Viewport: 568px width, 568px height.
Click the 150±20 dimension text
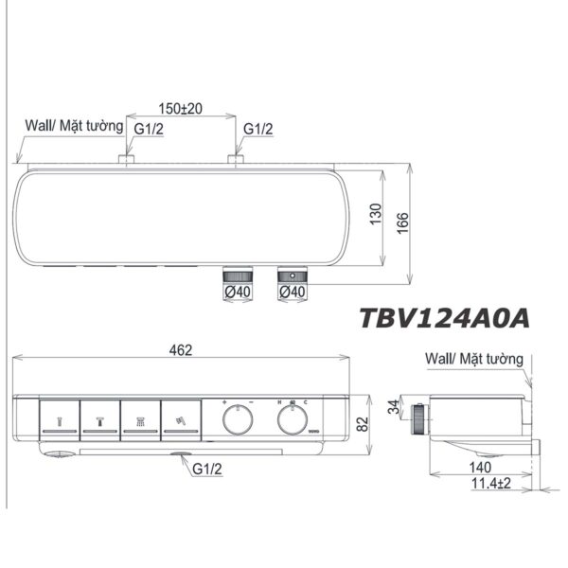click(x=179, y=108)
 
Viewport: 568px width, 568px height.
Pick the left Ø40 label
click(x=236, y=293)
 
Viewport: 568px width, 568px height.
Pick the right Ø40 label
click(x=291, y=293)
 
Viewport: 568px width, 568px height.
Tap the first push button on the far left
click(x=59, y=418)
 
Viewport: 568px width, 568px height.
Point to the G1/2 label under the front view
click(x=209, y=469)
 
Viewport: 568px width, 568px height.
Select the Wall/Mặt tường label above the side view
click(x=473, y=360)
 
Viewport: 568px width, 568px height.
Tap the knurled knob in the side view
click(x=417, y=417)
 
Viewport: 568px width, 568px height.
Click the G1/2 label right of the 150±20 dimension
click(x=259, y=128)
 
